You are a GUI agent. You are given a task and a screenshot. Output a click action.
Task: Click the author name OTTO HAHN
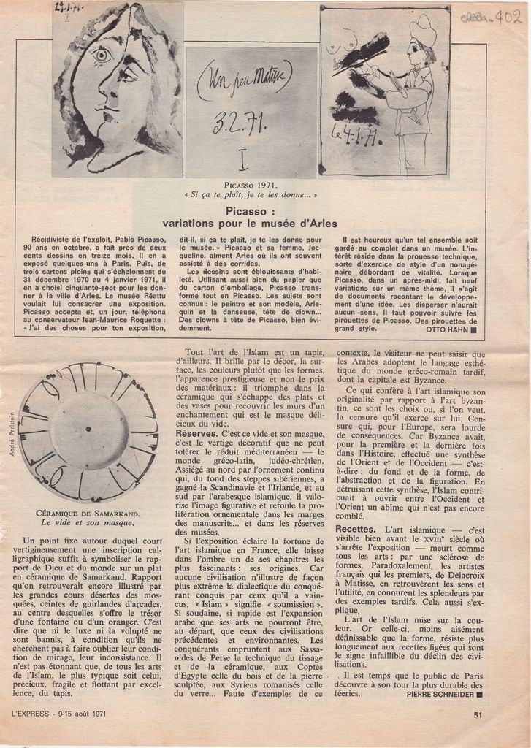click(x=448, y=329)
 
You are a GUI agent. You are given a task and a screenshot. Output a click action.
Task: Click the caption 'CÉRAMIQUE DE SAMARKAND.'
click(x=88, y=514)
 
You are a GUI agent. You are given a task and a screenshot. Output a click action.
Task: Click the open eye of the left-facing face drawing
click(x=101, y=54)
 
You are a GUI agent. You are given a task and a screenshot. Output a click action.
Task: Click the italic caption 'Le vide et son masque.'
click(x=88, y=523)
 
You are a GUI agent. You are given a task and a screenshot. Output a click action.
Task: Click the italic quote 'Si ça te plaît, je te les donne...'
click(x=251, y=195)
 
